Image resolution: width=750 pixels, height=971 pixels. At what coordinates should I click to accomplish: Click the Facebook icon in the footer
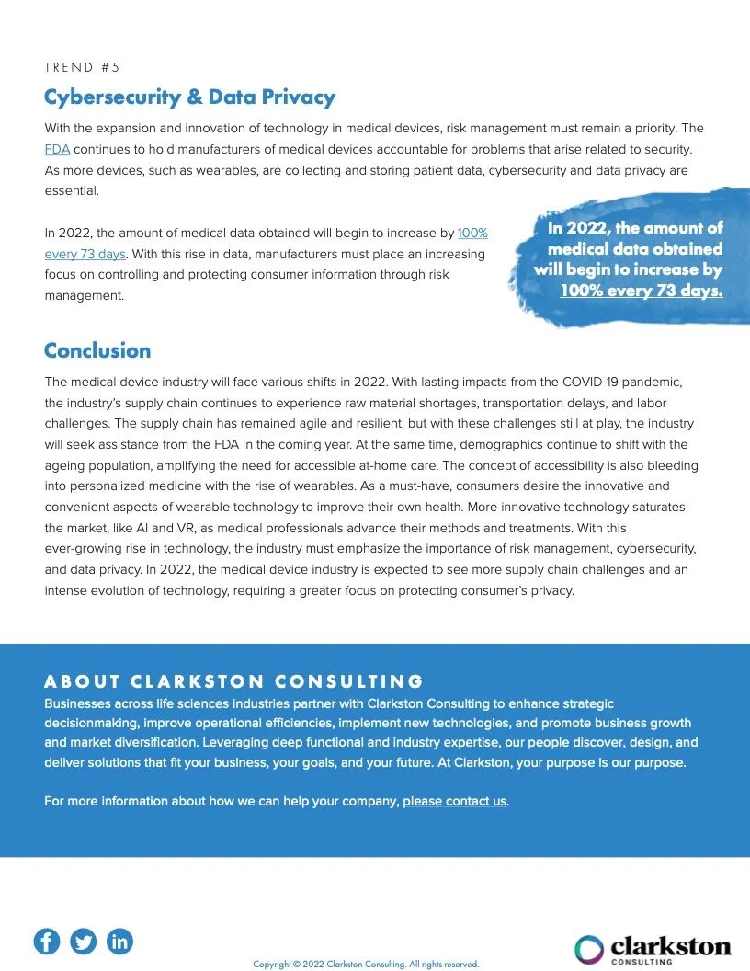pos(47,941)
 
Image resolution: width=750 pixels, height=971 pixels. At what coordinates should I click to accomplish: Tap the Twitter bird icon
pos(84,941)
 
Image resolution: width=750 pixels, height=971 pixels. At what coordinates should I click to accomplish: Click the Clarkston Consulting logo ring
pos(589,949)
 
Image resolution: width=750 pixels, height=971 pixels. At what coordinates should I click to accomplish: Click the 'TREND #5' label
pos(83,67)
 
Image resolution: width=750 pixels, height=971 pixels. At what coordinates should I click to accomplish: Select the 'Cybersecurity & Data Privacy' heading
pos(189,97)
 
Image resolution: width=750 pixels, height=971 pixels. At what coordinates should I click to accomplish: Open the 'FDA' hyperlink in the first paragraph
pos(57,149)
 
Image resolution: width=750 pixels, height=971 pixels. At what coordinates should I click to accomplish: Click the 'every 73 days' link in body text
pos(85,254)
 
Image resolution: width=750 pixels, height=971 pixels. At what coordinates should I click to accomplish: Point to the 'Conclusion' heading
pos(97,350)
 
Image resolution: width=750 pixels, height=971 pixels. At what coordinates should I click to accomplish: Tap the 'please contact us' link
pos(455,801)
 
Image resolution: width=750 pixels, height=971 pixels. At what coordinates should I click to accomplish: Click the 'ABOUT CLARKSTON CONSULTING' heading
pos(233,681)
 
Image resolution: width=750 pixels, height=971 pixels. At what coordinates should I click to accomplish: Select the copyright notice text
pos(366,965)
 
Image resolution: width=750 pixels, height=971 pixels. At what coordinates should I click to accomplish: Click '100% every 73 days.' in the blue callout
pos(642,291)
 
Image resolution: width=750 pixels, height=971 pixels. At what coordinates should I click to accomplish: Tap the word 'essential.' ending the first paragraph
pos(72,191)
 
